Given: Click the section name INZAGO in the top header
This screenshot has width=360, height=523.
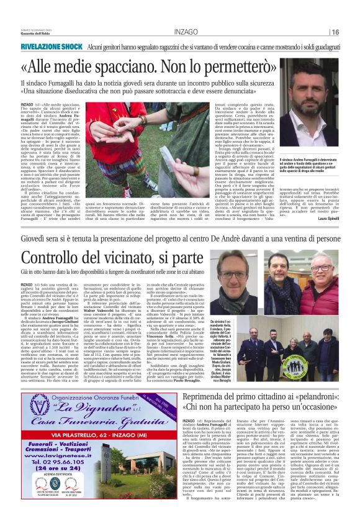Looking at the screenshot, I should point(186,31).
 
